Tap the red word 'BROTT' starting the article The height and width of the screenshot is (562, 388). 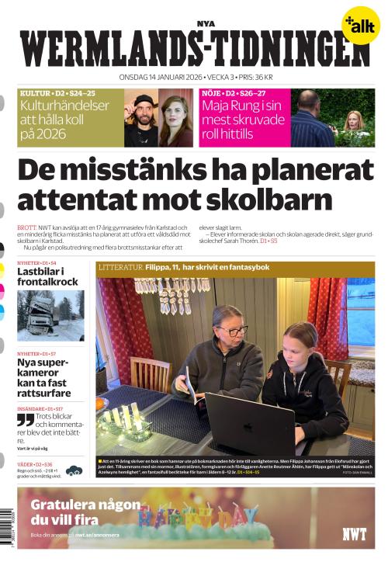(x=26, y=227)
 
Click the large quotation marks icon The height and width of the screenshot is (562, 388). (x=26, y=420)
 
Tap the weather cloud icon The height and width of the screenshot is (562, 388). (x=74, y=470)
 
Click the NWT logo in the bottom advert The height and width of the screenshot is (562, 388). (x=354, y=533)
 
